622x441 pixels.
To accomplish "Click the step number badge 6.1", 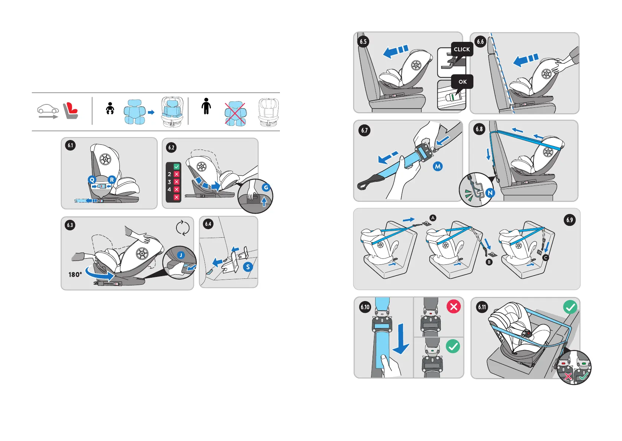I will coord(70,145).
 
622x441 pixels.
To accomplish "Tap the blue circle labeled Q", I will coord(92,180).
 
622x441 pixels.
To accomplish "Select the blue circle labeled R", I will coord(112,180).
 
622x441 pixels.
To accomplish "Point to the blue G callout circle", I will coord(266,188).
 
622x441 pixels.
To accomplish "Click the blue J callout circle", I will coord(181,255).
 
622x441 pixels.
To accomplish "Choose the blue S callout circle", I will coord(248,267).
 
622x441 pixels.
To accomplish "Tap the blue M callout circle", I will coord(438,167).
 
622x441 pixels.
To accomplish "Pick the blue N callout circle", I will coord(490,193).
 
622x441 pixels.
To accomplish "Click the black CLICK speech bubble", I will coord(462,49).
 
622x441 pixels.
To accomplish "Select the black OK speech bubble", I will coord(463,82).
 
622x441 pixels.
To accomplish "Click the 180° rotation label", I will coord(75,275).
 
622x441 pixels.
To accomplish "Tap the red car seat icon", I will coord(70,111).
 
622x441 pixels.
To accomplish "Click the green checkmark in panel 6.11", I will coord(570,307).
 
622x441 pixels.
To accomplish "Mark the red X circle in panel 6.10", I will coord(453,307).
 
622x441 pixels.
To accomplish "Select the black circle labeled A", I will coord(433,218).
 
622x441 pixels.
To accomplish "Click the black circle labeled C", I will coord(545,258).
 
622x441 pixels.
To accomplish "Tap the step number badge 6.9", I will coord(569,220).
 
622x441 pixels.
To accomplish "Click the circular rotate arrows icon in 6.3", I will coord(183,228).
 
